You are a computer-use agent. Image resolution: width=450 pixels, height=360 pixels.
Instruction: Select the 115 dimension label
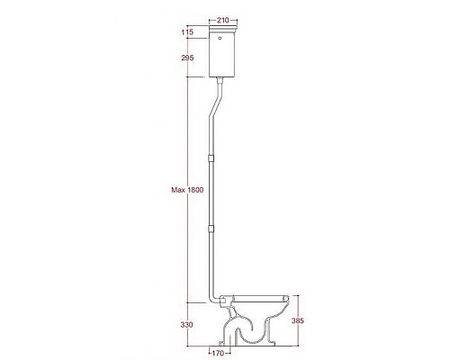187,32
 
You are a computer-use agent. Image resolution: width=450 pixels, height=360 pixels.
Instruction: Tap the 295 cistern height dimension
187,57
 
